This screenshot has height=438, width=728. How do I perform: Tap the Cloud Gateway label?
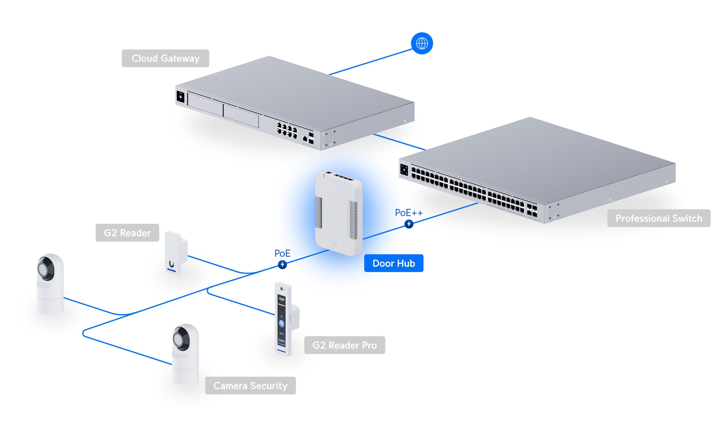[165, 58]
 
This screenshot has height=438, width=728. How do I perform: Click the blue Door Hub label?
[393, 263]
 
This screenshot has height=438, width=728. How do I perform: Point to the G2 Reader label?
[127, 233]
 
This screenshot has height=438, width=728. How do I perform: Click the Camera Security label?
[250, 385]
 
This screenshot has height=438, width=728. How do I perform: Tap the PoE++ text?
[409, 213]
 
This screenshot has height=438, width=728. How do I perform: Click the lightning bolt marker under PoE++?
[409, 224]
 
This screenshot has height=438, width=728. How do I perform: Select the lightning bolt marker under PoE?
[282, 265]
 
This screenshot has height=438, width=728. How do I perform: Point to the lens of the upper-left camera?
[43, 269]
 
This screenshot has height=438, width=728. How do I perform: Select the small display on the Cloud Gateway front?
[180, 97]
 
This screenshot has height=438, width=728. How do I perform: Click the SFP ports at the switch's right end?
[532, 210]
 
